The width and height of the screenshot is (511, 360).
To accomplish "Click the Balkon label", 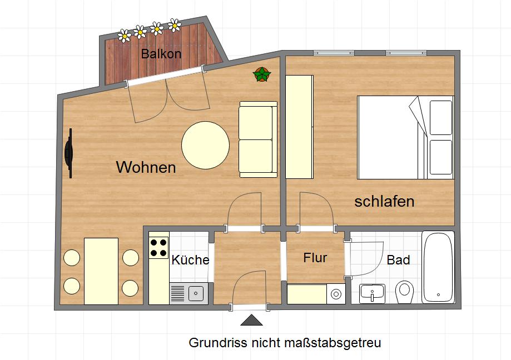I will click(161, 54).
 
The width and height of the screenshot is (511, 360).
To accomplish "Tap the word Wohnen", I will click(146, 167).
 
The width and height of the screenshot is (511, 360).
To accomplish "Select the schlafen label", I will click(384, 201).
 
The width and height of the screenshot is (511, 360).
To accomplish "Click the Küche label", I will click(190, 260).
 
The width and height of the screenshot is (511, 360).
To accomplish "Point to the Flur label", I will click(315, 258).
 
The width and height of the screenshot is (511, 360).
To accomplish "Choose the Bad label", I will click(398, 260).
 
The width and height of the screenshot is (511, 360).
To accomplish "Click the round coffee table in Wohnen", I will click(205, 146).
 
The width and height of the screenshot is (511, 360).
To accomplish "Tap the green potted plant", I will click(261, 74).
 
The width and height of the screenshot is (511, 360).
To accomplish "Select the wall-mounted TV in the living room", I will click(69, 153).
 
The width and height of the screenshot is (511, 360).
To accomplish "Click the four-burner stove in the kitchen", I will click(158, 248).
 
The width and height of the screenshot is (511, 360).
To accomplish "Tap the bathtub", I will click(438, 267).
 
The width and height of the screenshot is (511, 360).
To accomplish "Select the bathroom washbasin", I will click(373, 293).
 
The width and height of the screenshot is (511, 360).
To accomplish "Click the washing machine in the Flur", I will click(336, 293).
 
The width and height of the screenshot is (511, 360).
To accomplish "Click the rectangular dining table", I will click(101, 271).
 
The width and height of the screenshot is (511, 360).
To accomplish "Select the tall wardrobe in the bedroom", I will click(299, 127).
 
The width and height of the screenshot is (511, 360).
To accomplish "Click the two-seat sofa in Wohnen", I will click(257, 139).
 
